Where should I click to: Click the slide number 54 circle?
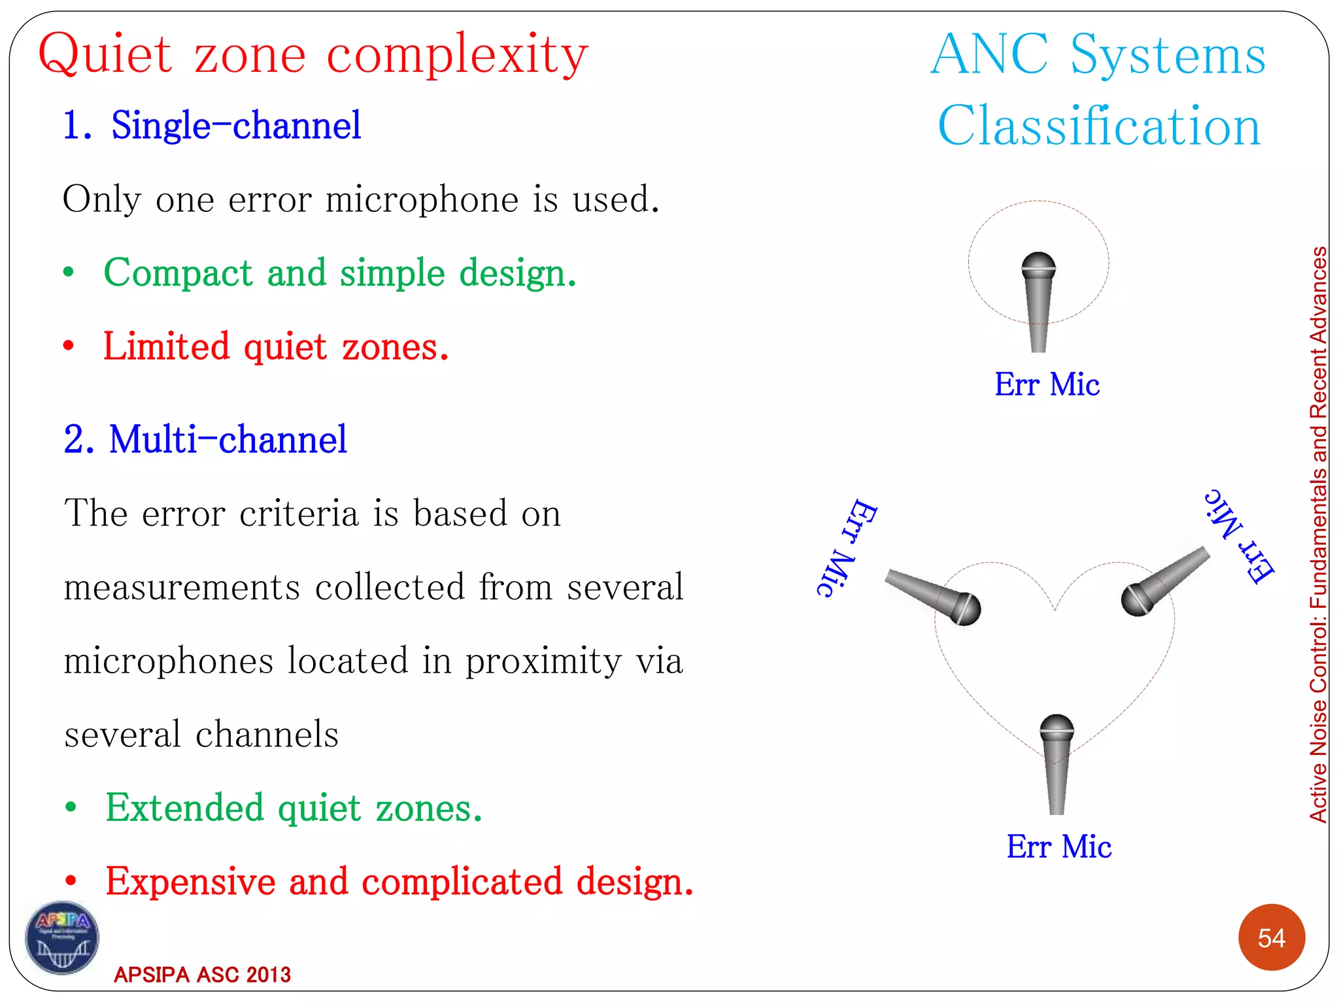[1271, 937]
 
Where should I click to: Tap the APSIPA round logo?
[62, 937]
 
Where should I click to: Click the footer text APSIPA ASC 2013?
[202, 975]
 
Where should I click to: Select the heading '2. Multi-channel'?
[205, 439]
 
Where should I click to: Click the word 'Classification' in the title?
[1098, 125]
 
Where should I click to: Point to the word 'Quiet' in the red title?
[105, 54]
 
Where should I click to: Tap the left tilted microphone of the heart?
[935, 595]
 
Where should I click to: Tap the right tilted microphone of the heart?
[1164, 582]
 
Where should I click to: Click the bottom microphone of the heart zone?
[1057, 761]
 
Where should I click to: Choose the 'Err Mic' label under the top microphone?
[1047, 384]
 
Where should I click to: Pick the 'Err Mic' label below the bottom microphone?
[1059, 846]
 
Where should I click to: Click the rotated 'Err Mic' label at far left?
[847, 548]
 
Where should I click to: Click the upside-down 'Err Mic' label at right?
[1240, 535]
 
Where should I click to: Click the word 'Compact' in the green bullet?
[178, 273]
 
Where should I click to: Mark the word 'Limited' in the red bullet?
[167, 346]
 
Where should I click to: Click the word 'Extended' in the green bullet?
[185, 808]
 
